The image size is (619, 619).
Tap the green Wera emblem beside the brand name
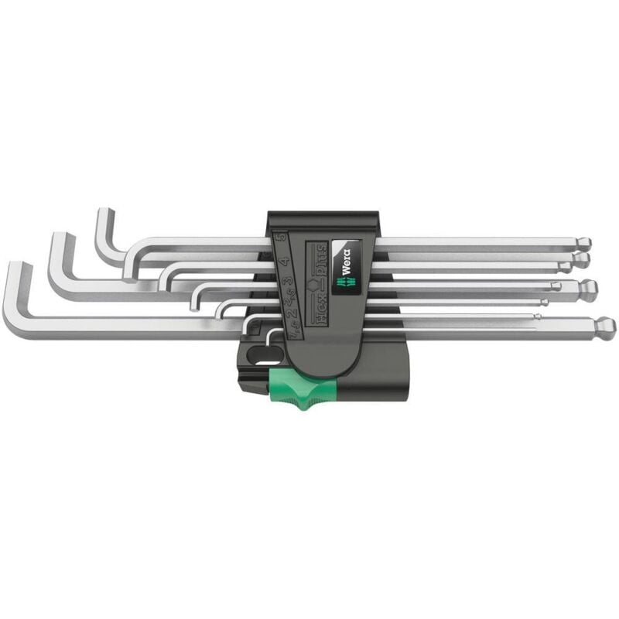tap(341, 283)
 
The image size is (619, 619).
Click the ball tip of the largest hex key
tap(606, 325)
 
